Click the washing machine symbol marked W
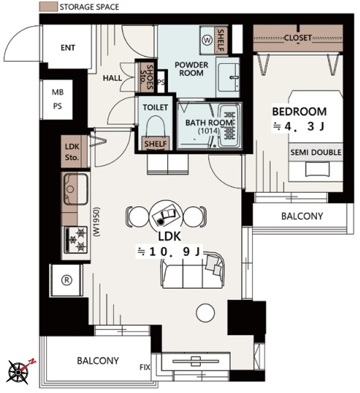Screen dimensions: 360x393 208,40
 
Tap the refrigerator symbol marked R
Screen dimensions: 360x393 67,280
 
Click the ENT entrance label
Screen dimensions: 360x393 68,48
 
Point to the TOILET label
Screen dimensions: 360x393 155,107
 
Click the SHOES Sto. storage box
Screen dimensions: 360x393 147,77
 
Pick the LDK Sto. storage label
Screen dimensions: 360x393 72,152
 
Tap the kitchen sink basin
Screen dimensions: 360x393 76,189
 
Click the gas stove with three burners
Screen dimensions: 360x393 76,240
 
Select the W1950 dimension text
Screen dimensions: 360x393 97,222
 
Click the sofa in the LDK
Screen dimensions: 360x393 193,271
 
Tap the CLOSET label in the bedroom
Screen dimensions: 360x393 298,38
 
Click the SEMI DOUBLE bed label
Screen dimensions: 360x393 315,152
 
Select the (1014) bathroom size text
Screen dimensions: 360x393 209,131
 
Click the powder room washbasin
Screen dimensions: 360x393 228,77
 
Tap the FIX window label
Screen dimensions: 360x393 145,367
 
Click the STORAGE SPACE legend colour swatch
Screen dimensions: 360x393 48,7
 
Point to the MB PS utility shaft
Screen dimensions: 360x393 57,99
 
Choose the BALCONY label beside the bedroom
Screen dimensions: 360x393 302,216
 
